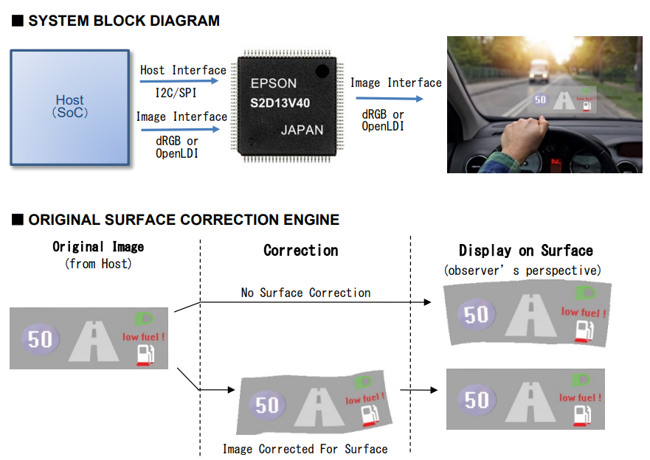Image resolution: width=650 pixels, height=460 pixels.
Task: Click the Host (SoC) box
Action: tap(70, 108)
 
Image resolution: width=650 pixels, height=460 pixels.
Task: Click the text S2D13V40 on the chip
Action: tap(280, 103)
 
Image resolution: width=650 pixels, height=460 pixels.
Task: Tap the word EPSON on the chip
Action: tap(274, 83)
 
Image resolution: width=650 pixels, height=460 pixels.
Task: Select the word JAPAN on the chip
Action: tap(302, 130)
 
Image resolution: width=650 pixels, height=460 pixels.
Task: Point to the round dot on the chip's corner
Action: tap(322, 72)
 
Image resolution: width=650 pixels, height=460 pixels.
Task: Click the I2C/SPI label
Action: tap(176, 93)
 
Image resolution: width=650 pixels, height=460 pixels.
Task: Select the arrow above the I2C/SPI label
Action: tap(179, 81)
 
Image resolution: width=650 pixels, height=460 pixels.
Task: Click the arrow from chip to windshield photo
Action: tap(390, 99)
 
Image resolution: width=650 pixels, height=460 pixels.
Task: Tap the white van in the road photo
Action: tap(539, 71)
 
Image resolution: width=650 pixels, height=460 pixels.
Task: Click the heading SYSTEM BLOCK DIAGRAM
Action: tap(124, 21)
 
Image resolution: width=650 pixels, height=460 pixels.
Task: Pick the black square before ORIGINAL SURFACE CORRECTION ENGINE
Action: tap(18, 220)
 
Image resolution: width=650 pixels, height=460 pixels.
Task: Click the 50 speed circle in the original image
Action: tap(41, 339)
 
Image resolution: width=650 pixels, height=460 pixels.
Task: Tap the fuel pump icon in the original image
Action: tap(145, 355)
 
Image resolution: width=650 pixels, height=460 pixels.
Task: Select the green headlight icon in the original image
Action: tap(144, 319)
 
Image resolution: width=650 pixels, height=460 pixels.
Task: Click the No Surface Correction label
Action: tap(305, 293)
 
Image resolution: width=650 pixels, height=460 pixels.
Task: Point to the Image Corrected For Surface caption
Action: tap(305, 449)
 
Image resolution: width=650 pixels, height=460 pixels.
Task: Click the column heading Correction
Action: tap(301, 251)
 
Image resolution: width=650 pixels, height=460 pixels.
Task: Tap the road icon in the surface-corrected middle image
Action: tap(319, 407)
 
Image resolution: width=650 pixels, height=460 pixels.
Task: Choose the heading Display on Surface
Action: tap(525, 251)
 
